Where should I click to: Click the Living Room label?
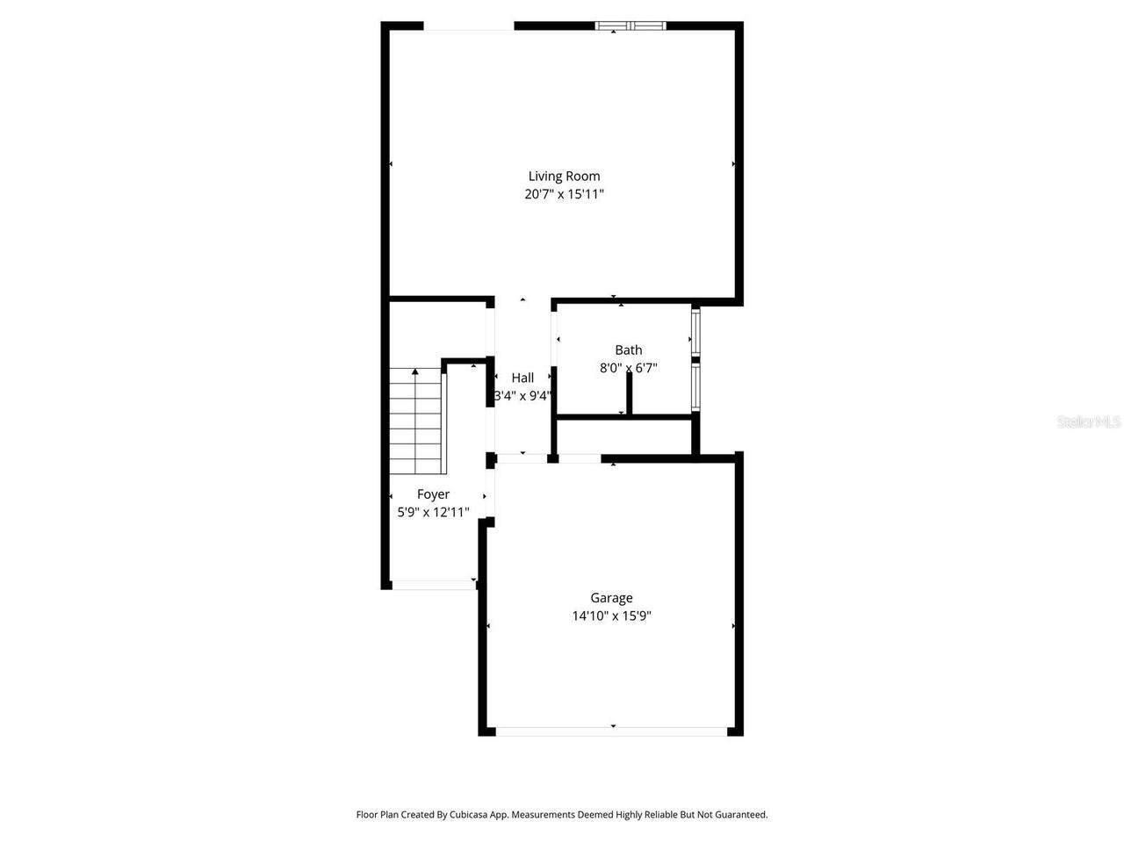click(x=564, y=176)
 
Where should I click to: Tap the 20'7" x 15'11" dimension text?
click(x=564, y=194)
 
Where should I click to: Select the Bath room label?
click(x=629, y=349)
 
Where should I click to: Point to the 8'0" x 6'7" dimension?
click(x=629, y=368)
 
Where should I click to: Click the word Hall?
click(x=522, y=378)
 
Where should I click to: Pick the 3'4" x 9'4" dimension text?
click(x=522, y=396)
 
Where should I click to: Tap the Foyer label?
click(x=433, y=494)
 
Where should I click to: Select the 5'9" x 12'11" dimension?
click(x=433, y=513)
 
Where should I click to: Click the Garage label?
click(x=611, y=598)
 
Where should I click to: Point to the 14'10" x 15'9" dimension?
click(x=611, y=616)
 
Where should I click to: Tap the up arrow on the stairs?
click(x=415, y=373)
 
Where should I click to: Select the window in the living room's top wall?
click(x=630, y=25)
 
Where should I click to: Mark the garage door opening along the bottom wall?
click(x=611, y=730)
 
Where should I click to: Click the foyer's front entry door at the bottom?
click(x=432, y=584)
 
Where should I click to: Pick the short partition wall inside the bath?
click(x=629, y=392)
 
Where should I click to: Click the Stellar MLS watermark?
click(x=1089, y=422)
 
